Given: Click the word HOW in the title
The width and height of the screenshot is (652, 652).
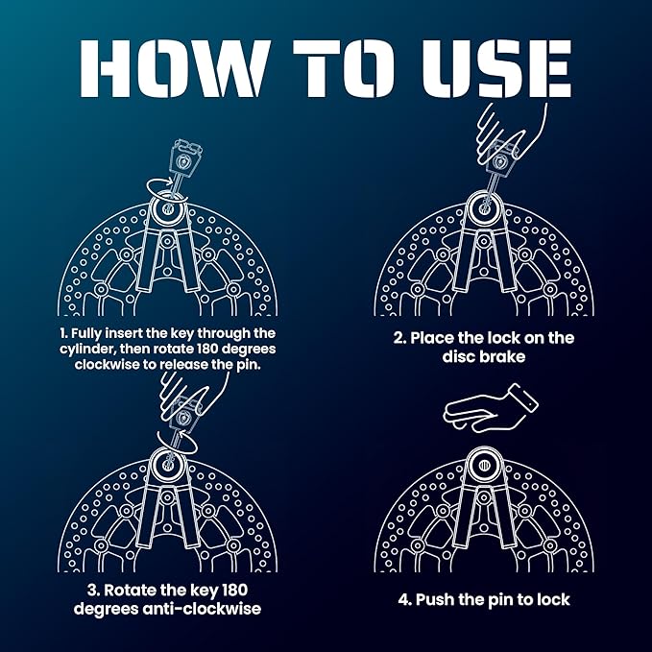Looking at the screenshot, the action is coord(173,68).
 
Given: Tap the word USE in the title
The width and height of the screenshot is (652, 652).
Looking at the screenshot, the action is coord(496,68).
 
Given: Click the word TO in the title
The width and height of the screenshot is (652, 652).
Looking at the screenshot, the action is coord(343,68).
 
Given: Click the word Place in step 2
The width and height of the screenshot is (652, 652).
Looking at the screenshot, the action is coord(431,338).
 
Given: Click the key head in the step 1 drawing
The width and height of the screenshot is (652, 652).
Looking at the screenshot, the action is coord(185,158).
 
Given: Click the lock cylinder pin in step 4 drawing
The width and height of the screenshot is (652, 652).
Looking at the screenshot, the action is coord(483,465).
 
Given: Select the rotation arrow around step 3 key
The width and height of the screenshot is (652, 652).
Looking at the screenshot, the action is coord(177,442).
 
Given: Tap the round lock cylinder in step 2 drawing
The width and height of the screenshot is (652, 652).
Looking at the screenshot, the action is coord(483,208).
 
